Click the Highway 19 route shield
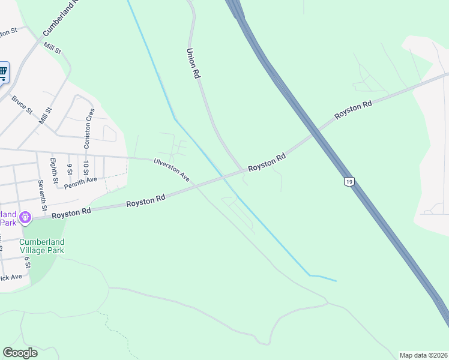coord(348,181)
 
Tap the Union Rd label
coord(193,64)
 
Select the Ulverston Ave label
coord(172,170)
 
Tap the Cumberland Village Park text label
coord(41,246)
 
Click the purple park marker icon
coord(25,217)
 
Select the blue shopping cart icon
coord(3,73)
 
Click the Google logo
coord(20,353)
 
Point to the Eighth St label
coord(53,170)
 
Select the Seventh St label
coord(41,195)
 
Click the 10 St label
coord(86,167)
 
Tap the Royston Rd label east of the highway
coord(354,110)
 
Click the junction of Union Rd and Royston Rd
coord(243,170)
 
